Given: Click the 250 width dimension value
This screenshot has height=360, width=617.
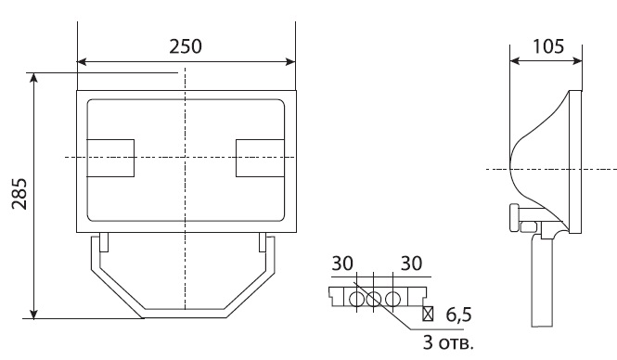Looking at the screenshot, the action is [x=186, y=46].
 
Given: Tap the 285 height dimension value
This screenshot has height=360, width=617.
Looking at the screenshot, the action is [x=19, y=194].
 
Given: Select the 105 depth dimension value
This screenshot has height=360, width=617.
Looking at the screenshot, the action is [x=548, y=46].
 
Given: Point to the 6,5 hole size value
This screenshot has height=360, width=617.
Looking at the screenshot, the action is [x=459, y=315].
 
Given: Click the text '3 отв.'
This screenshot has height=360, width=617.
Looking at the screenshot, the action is [x=448, y=342].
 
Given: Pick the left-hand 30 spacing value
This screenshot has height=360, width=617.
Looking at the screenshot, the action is [x=342, y=264].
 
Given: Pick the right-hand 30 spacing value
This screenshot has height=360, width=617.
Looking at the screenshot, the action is [x=412, y=264].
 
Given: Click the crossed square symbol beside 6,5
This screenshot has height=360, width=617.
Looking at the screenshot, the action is [x=428, y=314].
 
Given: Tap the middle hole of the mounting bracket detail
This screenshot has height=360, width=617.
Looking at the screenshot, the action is [x=373, y=300].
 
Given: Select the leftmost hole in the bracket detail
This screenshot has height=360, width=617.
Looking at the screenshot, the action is [x=356, y=300].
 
